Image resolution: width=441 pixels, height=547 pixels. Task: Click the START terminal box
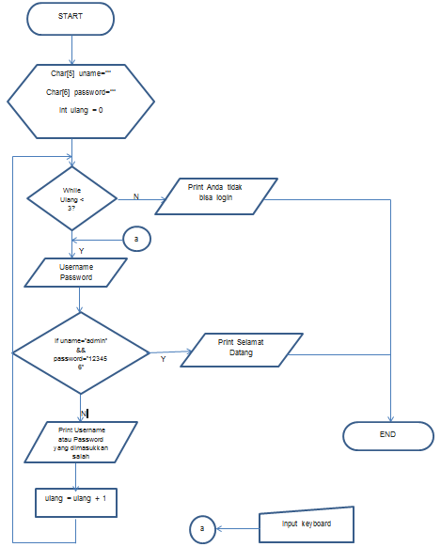(71, 17)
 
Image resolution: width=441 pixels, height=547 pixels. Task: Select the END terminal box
(387, 434)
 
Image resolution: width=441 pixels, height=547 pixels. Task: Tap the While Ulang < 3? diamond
(71, 198)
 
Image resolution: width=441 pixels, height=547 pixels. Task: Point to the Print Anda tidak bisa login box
(209, 198)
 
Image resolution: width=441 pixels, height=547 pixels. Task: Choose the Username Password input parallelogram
(78, 273)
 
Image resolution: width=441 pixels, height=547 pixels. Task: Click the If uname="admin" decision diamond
(81, 352)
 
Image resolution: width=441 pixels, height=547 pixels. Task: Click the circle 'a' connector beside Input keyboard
(201, 528)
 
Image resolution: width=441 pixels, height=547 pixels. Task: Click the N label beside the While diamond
(135, 196)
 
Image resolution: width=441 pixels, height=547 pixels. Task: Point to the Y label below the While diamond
(80, 251)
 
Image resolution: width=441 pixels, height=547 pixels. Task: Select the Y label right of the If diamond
(163, 358)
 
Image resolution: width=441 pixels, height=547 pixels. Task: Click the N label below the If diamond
(84, 413)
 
